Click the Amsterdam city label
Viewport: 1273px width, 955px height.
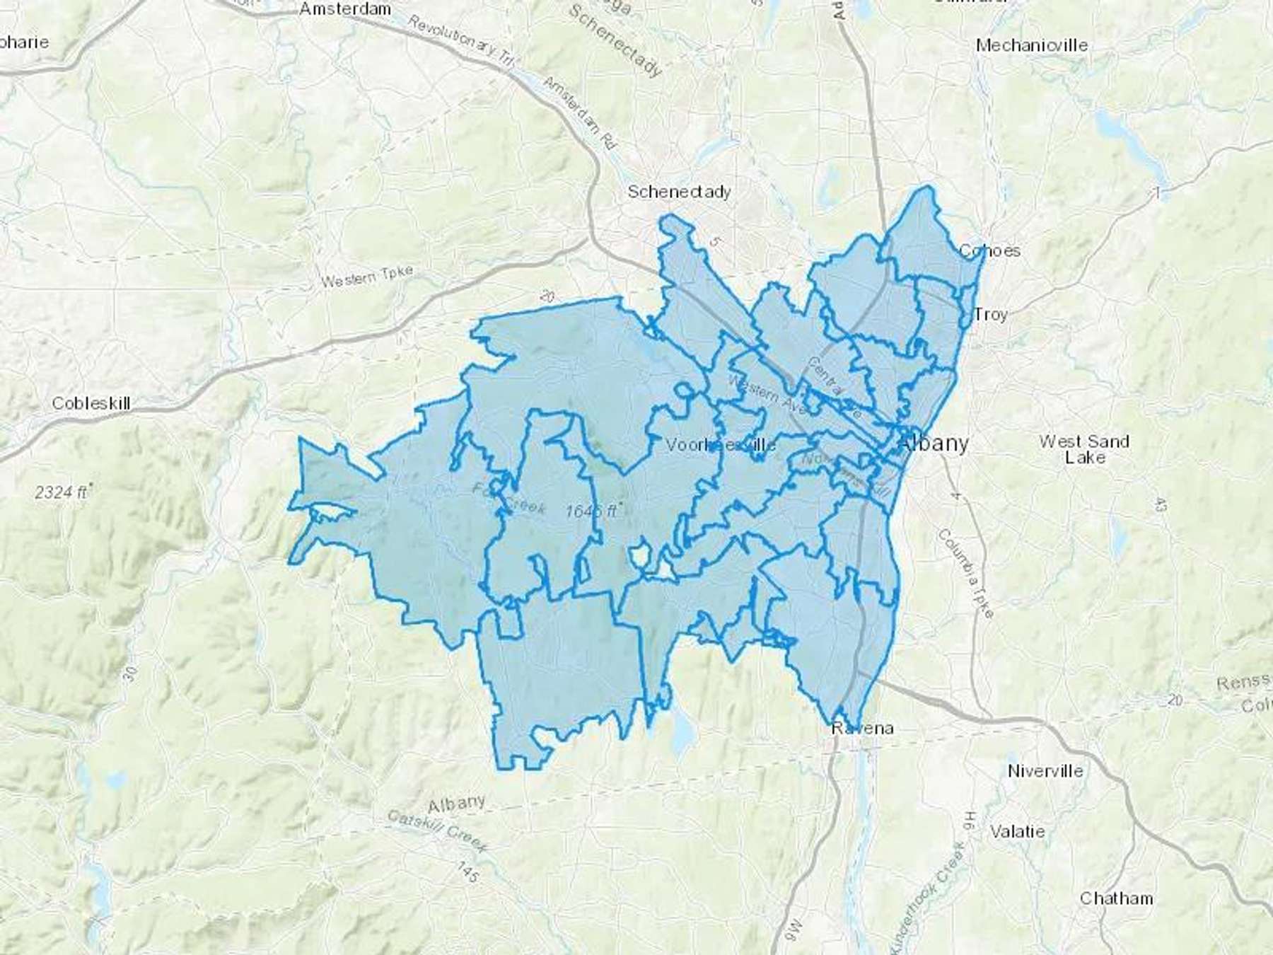pos(345,9)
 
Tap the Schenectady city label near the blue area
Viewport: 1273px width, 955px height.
pos(679,192)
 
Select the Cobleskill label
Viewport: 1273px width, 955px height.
pos(91,403)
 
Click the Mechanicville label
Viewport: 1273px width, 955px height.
pos(1031,45)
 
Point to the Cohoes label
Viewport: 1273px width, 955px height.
pos(989,250)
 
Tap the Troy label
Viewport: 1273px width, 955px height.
pos(990,314)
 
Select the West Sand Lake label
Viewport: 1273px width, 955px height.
pos(1084,449)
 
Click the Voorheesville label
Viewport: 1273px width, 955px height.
pos(721,445)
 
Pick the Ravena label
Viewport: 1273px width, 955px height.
pos(862,728)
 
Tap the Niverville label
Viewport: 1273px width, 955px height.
pos(1045,771)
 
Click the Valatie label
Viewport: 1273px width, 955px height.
pos(1017,831)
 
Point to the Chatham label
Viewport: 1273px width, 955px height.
pos(1116,898)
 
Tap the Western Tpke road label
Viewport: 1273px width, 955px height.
pos(366,277)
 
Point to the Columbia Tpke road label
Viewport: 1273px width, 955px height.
pos(966,572)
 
